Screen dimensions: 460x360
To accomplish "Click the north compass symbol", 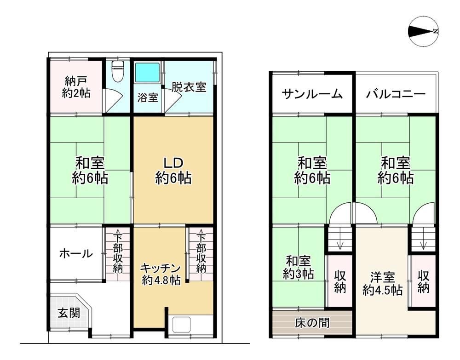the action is tap(423, 31).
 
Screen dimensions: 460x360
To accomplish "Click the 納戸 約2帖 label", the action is tap(76, 87).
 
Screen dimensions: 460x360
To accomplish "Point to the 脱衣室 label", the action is tap(189, 87).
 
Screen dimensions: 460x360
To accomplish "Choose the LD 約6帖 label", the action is tap(173, 171).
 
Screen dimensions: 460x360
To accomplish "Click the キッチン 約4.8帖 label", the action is tap(161, 274).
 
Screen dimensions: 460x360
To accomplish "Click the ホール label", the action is tap(76, 253).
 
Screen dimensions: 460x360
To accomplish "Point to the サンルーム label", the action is tap(312, 94).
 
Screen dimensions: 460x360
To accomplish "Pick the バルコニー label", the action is tap(396, 94).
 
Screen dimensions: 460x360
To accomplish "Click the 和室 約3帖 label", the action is tap(298, 267).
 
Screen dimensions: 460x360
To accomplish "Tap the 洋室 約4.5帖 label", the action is tap(383, 284).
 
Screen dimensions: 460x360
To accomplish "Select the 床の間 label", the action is tap(312, 322).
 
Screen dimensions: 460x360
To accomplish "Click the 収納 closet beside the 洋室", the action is tap(424, 282).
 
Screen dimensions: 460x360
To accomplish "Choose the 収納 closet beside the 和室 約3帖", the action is tap(340, 282).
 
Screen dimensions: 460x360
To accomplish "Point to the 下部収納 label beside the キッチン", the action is tap(201, 253).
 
